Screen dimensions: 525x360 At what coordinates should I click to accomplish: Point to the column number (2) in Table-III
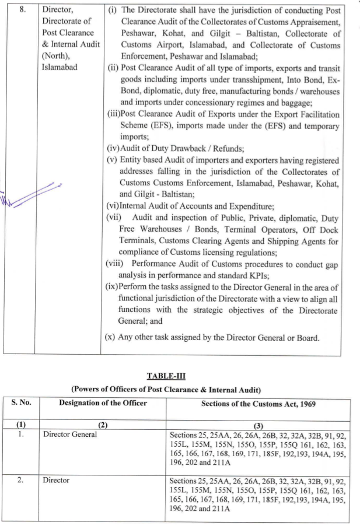[103, 426]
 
